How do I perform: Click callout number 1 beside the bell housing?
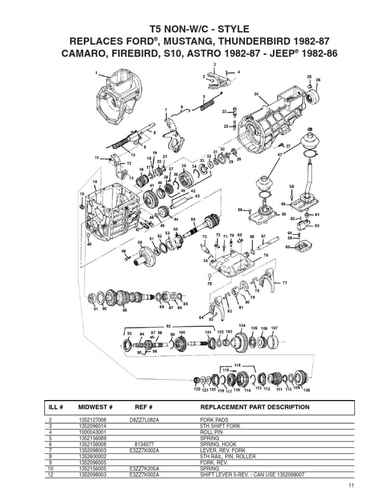point(97,75)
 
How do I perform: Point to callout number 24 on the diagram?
point(256,94)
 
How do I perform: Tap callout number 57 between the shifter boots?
point(280,154)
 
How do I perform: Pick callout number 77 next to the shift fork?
point(284,283)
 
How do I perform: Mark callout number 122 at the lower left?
point(196,390)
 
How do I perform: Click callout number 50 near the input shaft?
point(140,242)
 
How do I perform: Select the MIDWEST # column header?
point(96,407)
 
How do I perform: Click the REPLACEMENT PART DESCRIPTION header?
point(255,407)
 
